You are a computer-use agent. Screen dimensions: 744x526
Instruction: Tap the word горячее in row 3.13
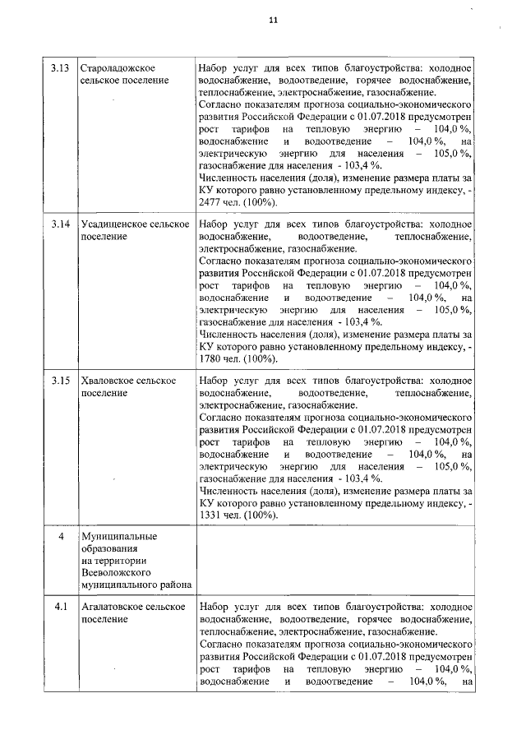[380, 81]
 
